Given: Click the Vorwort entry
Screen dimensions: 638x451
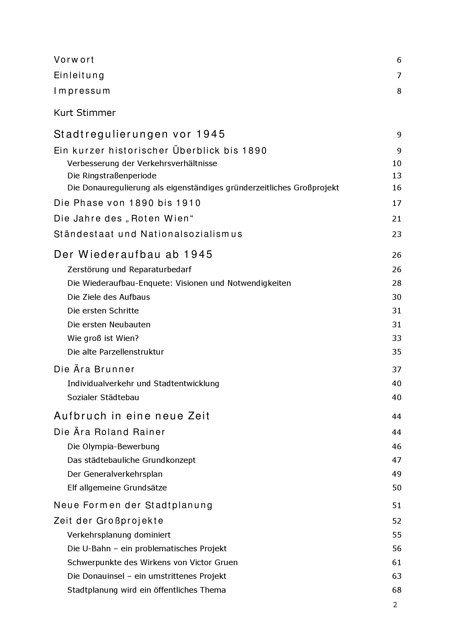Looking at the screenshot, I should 74,60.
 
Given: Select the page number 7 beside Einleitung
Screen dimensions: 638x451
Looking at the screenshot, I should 399,76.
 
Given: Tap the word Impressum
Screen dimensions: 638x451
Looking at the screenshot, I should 82,91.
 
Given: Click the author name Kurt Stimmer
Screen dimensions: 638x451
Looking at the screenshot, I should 85,113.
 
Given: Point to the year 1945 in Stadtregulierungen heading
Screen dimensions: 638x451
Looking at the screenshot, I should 211,134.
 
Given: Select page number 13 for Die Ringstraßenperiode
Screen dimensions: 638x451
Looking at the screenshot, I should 396,176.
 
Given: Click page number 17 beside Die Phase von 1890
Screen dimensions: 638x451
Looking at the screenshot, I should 396,203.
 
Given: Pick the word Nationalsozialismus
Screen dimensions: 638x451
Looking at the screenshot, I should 192,234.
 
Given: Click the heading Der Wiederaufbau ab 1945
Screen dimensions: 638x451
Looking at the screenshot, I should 133,254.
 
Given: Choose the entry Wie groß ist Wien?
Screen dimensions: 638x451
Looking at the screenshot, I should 103,338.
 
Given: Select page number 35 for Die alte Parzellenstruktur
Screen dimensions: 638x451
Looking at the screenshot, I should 396,352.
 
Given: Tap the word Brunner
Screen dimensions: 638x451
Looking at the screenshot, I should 114,369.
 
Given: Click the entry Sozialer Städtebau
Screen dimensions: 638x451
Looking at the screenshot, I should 103,397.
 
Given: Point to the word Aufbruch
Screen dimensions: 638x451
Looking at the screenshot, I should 80,416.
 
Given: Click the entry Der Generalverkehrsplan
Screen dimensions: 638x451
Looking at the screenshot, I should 115,474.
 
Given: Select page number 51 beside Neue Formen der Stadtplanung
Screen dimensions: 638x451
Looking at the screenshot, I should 396,505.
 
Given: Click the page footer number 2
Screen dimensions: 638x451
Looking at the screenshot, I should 395,605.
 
